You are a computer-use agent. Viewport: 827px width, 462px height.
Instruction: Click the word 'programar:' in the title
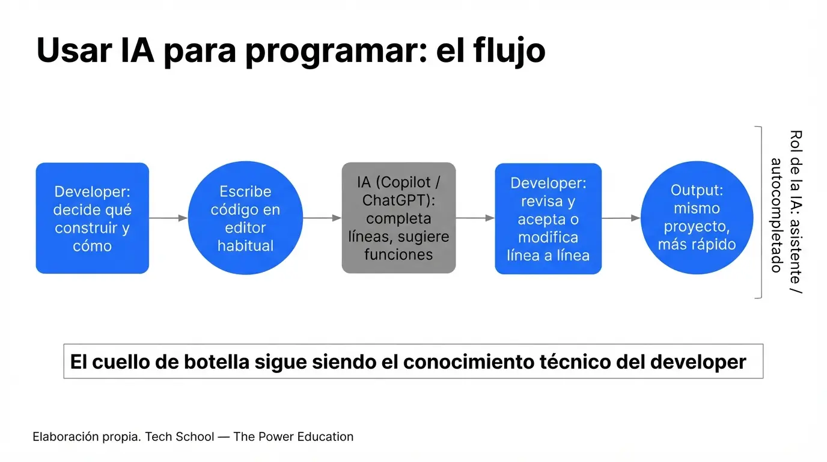tap(336, 52)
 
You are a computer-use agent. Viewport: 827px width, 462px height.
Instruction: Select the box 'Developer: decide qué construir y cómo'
tap(93, 218)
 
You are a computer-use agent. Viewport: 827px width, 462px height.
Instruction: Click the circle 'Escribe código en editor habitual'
tap(245, 218)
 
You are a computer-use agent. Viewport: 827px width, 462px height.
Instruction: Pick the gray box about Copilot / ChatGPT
tap(398, 218)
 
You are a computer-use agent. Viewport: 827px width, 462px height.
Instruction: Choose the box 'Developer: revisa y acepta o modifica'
tap(548, 218)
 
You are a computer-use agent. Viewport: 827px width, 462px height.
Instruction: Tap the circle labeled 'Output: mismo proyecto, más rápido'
tap(697, 218)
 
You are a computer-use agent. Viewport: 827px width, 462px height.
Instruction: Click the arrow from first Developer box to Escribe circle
tap(168, 218)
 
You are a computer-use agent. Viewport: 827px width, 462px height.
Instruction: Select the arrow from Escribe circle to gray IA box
tap(322, 218)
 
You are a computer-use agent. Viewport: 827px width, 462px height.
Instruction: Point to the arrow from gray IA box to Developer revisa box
tap(475, 218)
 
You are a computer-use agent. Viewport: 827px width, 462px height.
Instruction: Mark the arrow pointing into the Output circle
tap(621, 218)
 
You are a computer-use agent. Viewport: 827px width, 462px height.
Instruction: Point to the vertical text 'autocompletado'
tap(777, 215)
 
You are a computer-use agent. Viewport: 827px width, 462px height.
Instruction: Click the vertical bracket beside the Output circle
tap(761, 212)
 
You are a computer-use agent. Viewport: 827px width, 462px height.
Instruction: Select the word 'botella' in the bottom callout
tap(216, 362)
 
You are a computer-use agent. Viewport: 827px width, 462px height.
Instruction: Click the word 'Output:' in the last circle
tap(697, 190)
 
